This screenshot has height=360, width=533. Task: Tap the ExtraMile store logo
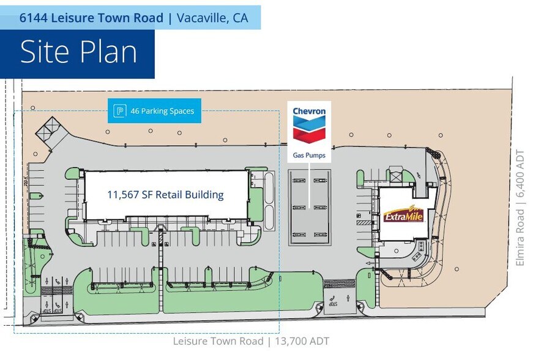[404, 214]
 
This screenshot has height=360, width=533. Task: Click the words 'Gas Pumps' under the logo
[309, 156]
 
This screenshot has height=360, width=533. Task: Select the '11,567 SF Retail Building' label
[165, 195]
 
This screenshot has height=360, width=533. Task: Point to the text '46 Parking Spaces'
[162, 111]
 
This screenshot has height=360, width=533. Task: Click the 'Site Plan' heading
[78, 52]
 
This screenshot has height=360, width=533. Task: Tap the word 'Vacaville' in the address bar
[201, 18]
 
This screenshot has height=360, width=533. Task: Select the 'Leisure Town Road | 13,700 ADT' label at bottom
[251, 341]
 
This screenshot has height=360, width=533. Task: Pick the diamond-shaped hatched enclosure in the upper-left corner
[51, 130]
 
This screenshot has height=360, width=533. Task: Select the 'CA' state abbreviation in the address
[240, 18]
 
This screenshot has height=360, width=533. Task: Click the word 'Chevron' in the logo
[309, 111]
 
